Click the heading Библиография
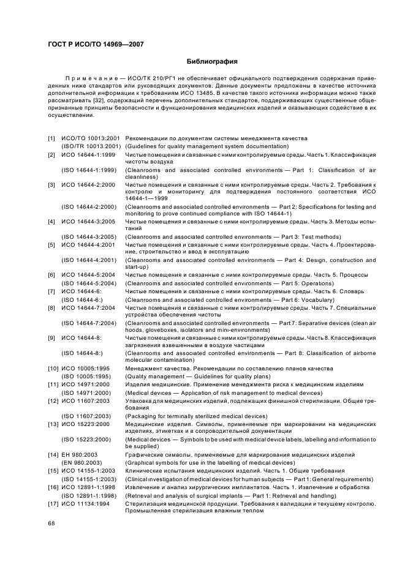click(x=211, y=62)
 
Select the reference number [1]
click(x=51, y=138)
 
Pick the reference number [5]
click(x=51, y=244)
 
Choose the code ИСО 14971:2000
click(x=86, y=384)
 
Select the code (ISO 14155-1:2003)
click(x=90, y=479)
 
